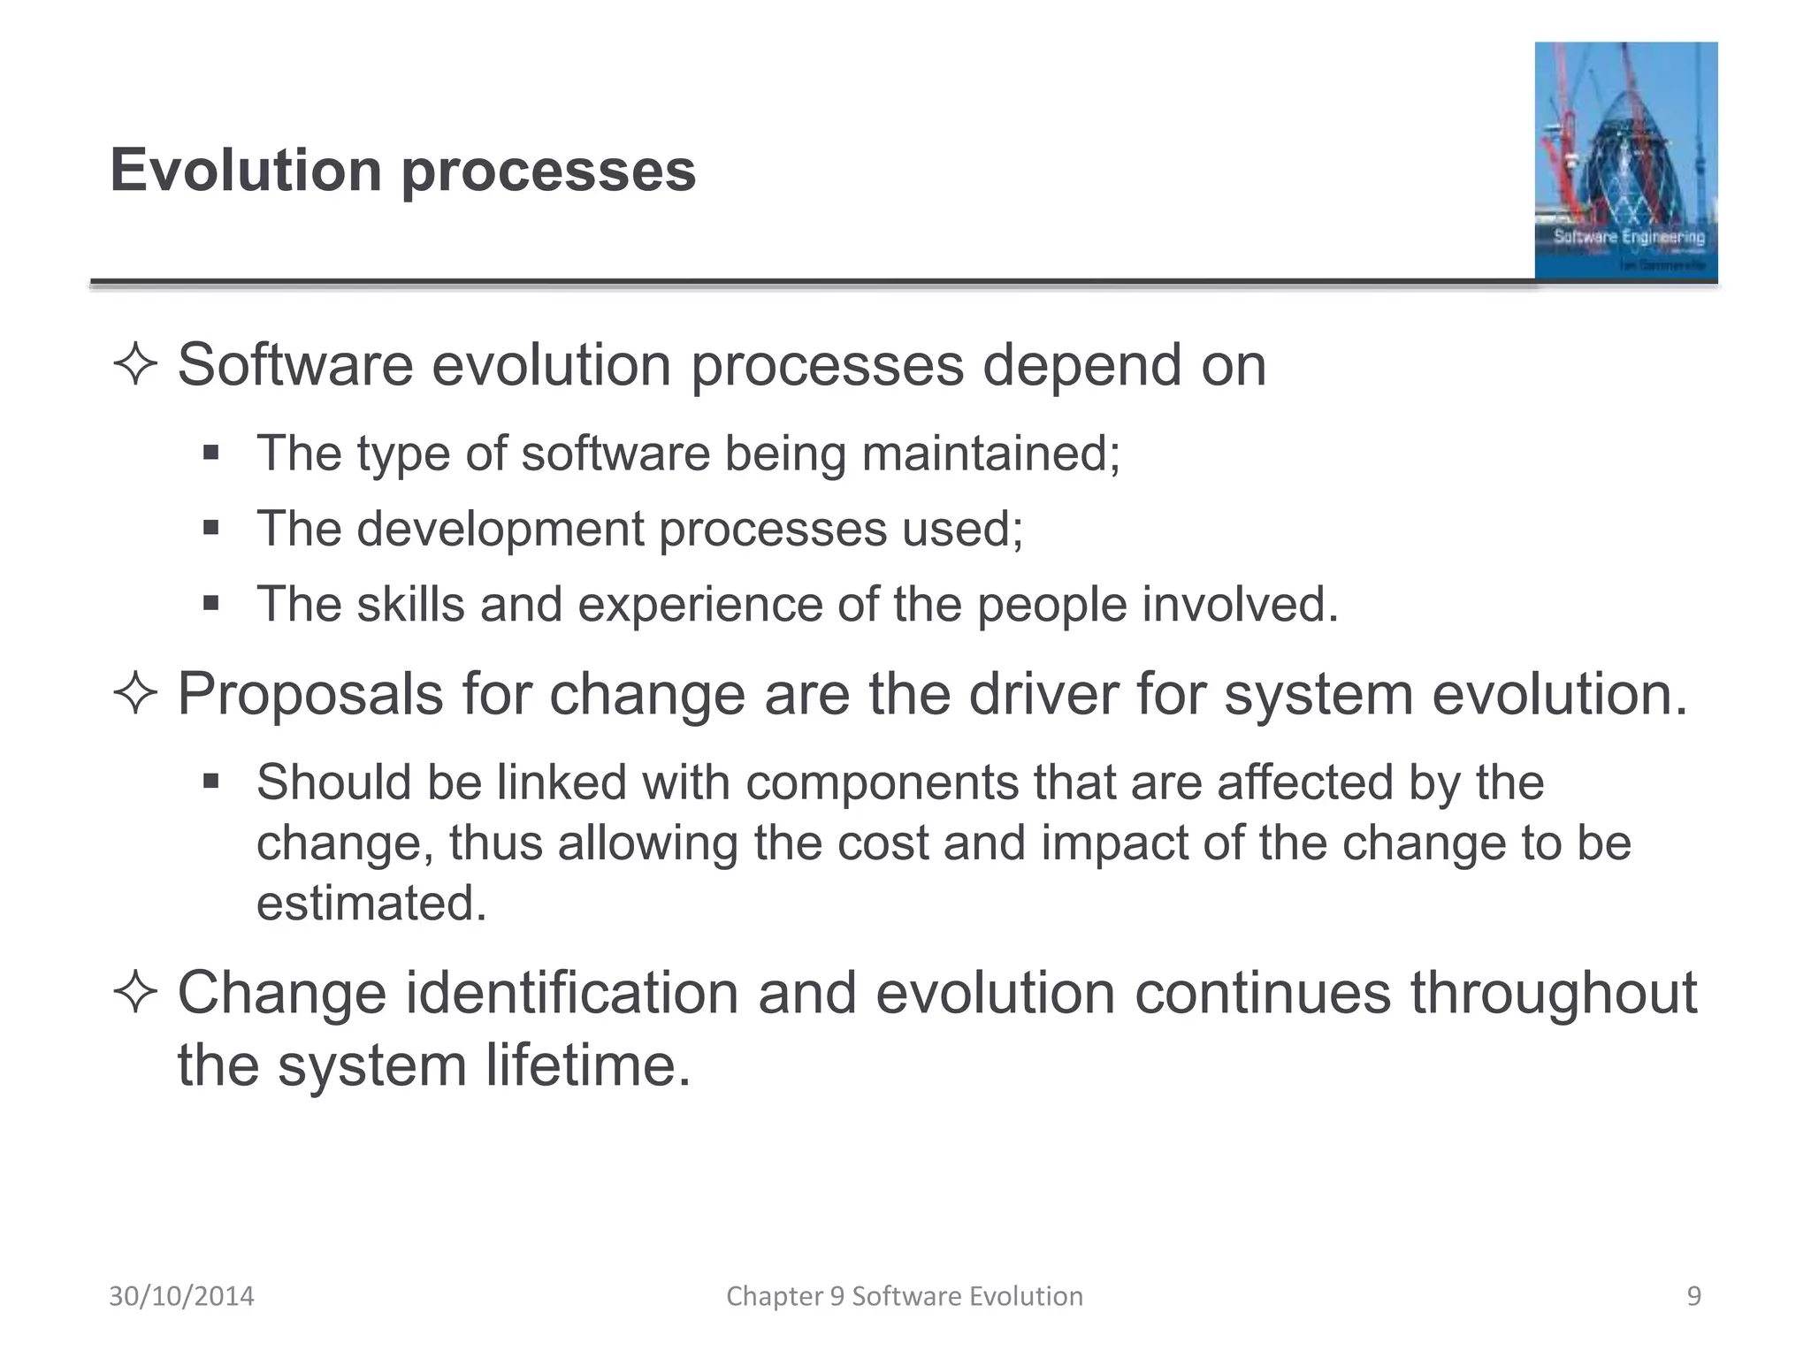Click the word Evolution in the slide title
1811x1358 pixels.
(x=246, y=170)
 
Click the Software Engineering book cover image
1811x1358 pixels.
(x=1625, y=161)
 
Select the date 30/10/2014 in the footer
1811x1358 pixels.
(x=181, y=1296)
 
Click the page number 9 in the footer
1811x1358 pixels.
(x=1693, y=1296)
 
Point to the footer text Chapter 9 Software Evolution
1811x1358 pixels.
(x=904, y=1296)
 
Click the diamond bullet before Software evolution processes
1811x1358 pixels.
(x=135, y=365)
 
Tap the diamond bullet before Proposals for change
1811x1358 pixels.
(x=135, y=694)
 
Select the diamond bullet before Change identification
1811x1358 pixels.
(x=135, y=993)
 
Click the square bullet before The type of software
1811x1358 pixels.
(x=210, y=454)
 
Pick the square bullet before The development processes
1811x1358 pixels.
(x=210, y=529)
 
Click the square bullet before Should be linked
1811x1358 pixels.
(x=210, y=782)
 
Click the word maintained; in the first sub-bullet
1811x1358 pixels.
(x=990, y=454)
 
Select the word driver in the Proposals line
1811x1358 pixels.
(x=1043, y=694)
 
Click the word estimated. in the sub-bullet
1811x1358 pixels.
(x=371, y=904)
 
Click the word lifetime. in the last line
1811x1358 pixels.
(x=587, y=1065)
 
